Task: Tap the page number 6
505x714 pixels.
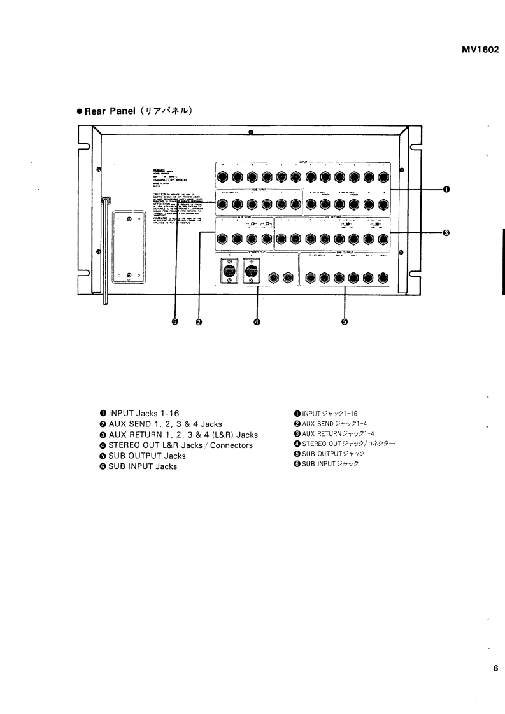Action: (495, 668)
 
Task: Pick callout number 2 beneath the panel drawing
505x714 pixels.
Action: (199, 322)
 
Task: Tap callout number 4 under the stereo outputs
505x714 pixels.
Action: (257, 322)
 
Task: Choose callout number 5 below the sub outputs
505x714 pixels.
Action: (345, 322)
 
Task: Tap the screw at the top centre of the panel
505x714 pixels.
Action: (251, 133)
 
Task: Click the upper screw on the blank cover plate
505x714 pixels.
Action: (129, 220)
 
